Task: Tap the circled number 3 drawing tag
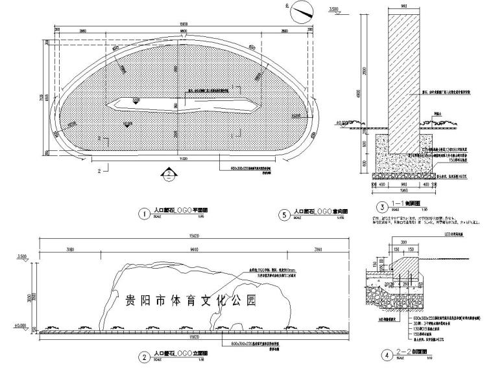coord(382,207)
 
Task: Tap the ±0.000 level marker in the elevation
coord(20,326)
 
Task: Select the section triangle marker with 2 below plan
coord(168,173)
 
